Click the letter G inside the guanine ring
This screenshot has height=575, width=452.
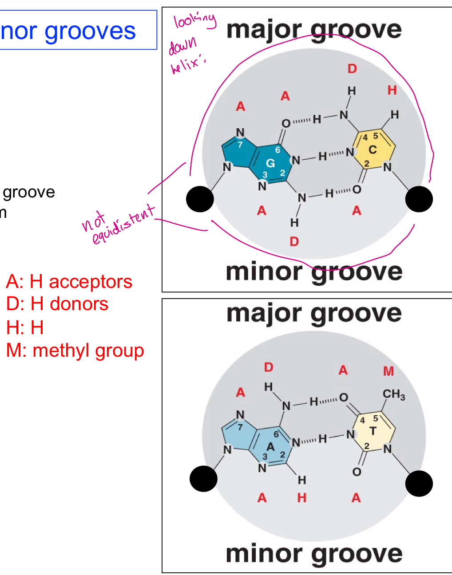pyautogui.click(x=270, y=163)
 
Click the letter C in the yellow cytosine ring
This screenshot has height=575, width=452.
pyautogui.click(x=373, y=150)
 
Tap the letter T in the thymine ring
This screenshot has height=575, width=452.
pyautogui.click(x=373, y=431)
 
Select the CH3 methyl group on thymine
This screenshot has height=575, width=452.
pyautogui.click(x=393, y=394)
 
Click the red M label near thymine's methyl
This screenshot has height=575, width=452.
pyautogui.click(x=389, y=371)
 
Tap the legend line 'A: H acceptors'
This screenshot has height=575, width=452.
pyautogui.click(x=69, y=282)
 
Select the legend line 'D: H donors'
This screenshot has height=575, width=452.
pyautogui.click(x=57, y=304)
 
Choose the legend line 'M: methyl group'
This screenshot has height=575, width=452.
pyautogui.click(x=75, y=351)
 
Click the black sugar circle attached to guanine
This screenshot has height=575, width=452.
pyautogui.click(x=200, y=199)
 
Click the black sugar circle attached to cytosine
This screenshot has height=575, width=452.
pyautogui.click(x=419, y=199)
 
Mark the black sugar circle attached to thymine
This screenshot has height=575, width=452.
pyautogui.click(x=419, y=483)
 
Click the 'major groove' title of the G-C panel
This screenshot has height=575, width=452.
pyautogui.click(x=314, y=30)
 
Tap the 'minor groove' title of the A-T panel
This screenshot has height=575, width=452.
pyautogui.click(x=314, y=554)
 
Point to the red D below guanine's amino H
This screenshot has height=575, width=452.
pyautogui.click(x=294, y=242)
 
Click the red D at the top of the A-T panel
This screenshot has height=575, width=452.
pyautogui.click(x=269, y=367)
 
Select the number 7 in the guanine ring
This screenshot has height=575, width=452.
pyautogui.click(x=240, y=145)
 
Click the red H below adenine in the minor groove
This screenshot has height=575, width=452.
pyautogui.click(x=302, y=498)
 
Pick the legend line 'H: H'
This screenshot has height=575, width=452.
pyautogui.click(x=25, y=327)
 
